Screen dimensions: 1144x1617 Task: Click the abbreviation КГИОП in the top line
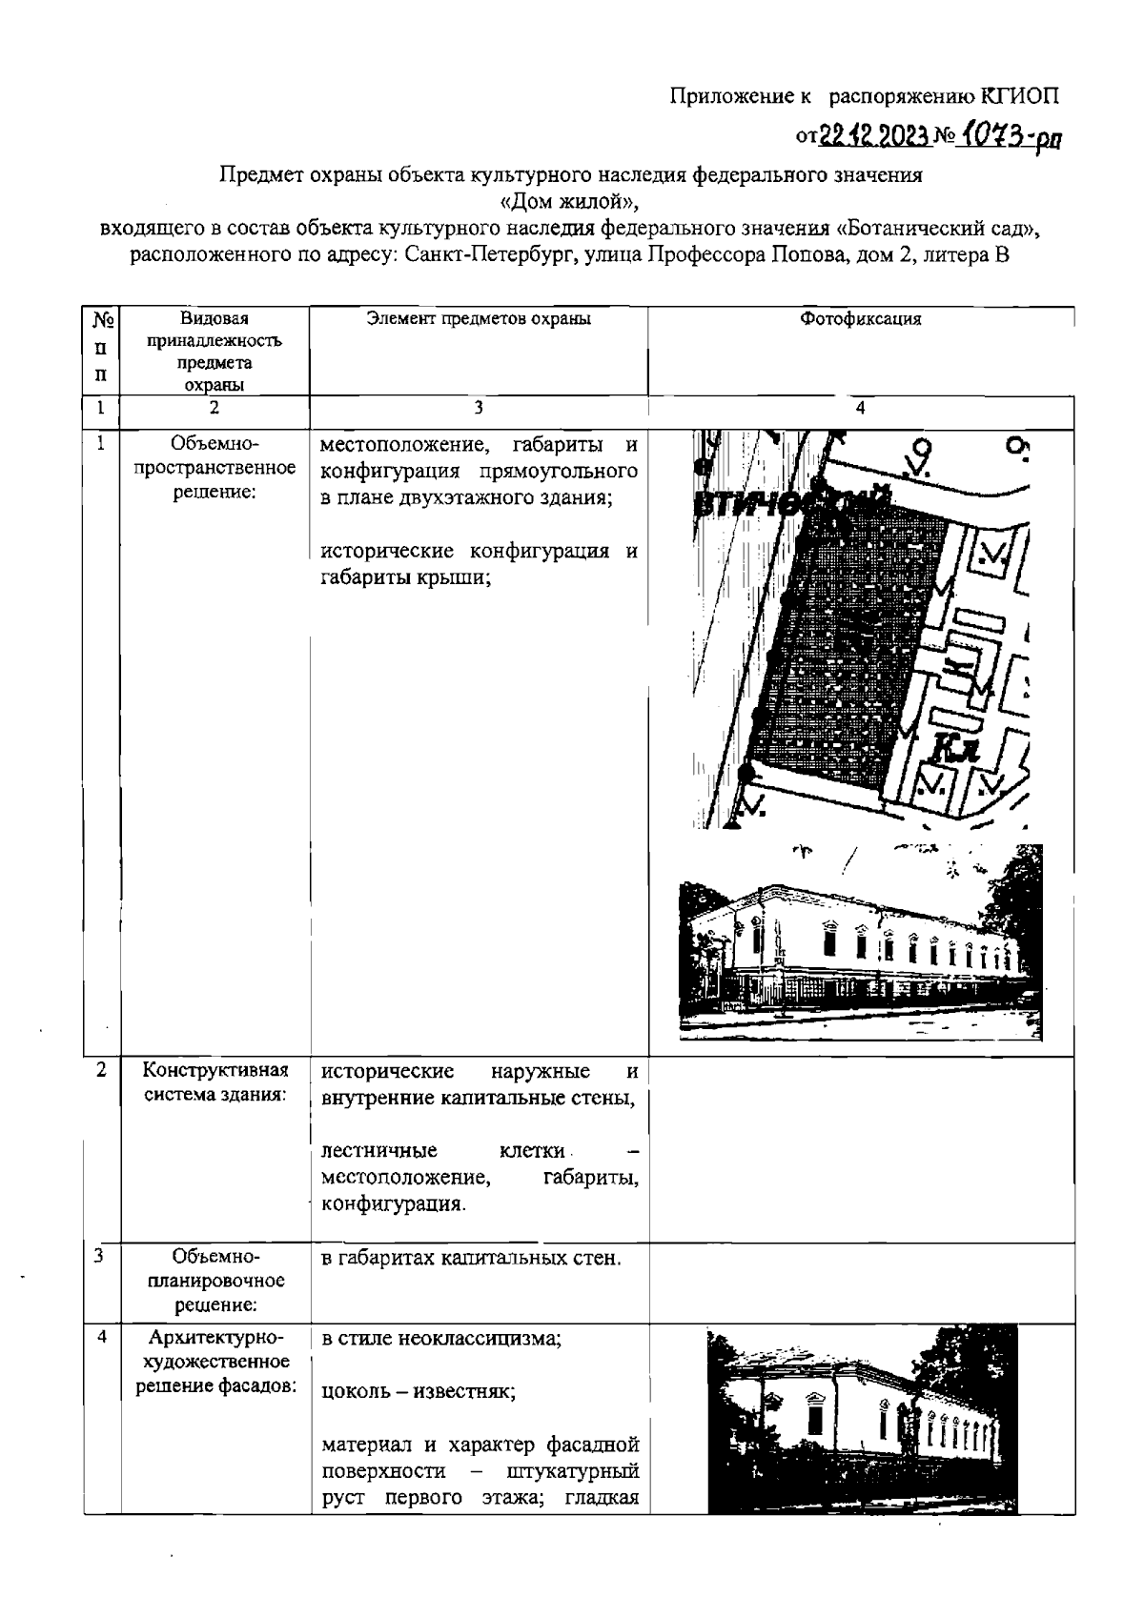click(1020, 95)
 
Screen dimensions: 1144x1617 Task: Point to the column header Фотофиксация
click(860, 319)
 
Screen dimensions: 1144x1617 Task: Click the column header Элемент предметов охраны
click(479, 319)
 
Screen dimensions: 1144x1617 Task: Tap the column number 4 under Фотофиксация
click(860, 408)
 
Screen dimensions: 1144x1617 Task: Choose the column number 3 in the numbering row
click(479, 408)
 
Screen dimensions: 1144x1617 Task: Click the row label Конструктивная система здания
click(215, 1082)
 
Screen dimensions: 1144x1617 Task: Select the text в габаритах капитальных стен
click(471, 1259)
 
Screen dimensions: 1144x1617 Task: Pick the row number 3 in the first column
click(100, 1256)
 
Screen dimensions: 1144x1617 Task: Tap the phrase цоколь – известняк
click(419, 1391)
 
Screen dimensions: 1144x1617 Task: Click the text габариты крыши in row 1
click(405, 576)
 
